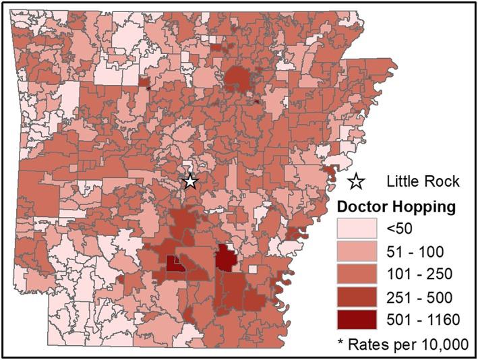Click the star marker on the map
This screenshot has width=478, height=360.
[190, 181]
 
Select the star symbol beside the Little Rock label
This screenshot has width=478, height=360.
[357, 181]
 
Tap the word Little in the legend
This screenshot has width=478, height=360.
[405, 181]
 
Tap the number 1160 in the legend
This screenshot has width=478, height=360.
[444, 320]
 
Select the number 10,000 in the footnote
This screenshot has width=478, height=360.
[442, 342]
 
